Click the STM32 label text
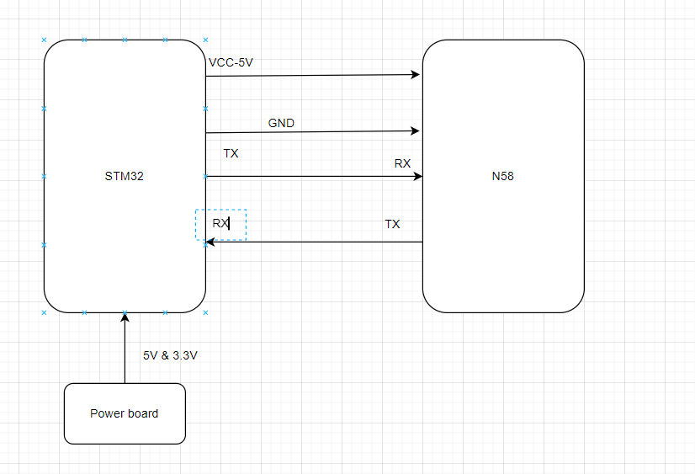[124, 177]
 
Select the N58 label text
[502, 177]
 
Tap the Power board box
[125, 413]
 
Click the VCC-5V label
[231, 62]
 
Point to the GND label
[281, 123]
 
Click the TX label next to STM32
[231, 154]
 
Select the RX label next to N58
[402, 163]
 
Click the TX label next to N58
[392, 224]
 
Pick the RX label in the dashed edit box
[220, 224]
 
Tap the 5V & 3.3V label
[170, 356]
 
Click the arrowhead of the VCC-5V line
[416, 75]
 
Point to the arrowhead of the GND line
[416, 130]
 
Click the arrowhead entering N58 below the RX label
[417, 176]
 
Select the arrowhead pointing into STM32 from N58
[210, 242]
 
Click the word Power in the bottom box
[107, 413]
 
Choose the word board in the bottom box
[142, 413]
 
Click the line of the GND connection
[311, 132]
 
